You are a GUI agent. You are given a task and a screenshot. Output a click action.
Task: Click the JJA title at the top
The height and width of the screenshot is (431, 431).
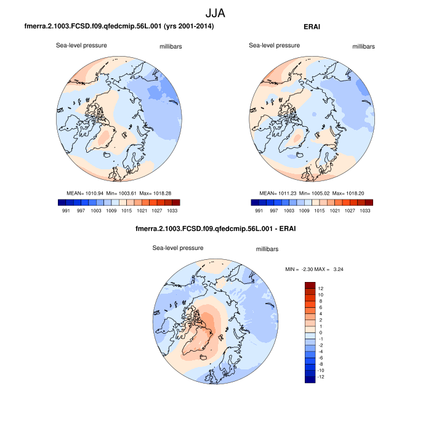pyautogui.click(x=215, y=12)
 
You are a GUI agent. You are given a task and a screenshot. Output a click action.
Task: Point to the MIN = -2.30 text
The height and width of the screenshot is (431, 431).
pyautogui.click(x=300, y=269)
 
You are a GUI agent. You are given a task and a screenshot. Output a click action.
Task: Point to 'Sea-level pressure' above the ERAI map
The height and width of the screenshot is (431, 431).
pyautogui.click(x=274, y=45)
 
